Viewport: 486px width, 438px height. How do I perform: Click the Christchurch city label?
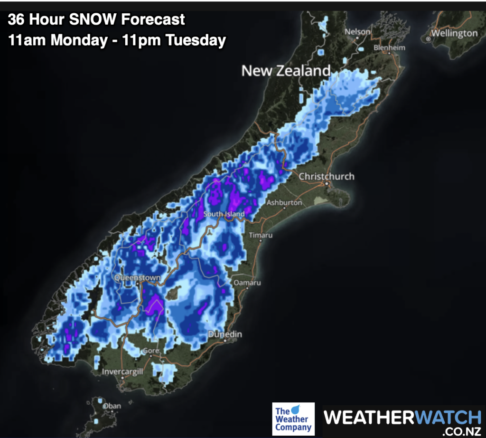(x=327, y=176)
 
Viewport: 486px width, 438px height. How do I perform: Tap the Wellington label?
(x=454, y=33)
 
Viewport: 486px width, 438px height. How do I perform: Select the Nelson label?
(x=357, y=32)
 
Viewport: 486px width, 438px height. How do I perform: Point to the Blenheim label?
(x=390, y=48)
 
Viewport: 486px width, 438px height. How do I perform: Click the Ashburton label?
(x=284, y=202)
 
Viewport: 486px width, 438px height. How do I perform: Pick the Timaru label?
(x=261, y=235)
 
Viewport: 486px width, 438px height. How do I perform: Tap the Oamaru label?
(x=248, y=283)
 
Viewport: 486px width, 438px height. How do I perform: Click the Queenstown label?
(x=137, y=278)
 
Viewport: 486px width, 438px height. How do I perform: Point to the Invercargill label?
(x=122, y=371)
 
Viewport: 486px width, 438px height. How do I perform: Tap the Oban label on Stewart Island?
(x=113, y=406)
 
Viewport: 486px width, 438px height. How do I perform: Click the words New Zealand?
(x=286, y=71)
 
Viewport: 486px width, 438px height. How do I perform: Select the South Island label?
(x=224, y=214)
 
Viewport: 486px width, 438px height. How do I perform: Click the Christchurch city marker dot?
(x=327, y=183)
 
